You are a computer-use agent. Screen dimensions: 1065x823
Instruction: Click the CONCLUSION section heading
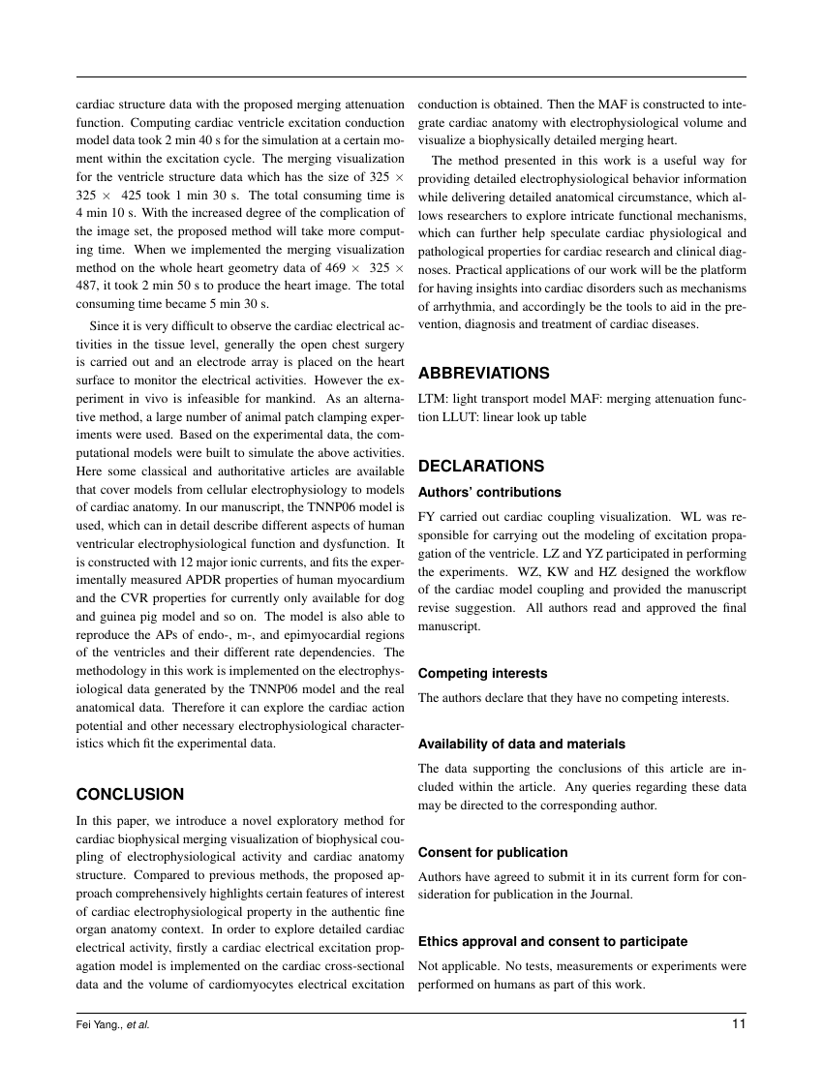click(130, 795)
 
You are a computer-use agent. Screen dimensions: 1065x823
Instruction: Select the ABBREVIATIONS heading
click(483, 373)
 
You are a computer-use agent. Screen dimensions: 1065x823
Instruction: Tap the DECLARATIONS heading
click(480, 466)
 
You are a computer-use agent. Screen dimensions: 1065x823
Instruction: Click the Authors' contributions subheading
click(489, 492)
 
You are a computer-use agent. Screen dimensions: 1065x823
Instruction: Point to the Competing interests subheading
click(482, 673)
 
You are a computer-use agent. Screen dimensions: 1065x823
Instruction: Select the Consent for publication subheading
click(493, 852)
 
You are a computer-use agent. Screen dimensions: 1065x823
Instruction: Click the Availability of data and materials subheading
click(521, 744)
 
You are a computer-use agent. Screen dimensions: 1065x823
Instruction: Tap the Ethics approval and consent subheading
click(552, 941)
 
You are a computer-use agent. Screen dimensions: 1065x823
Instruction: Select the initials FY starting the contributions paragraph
click(427, 517)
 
